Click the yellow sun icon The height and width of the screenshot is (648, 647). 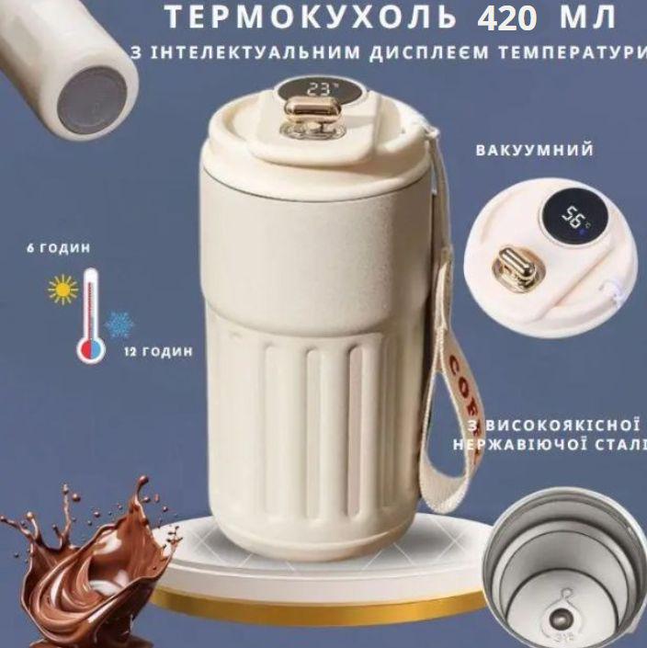point(62,290)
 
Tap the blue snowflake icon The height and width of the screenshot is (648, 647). point(118,324)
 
